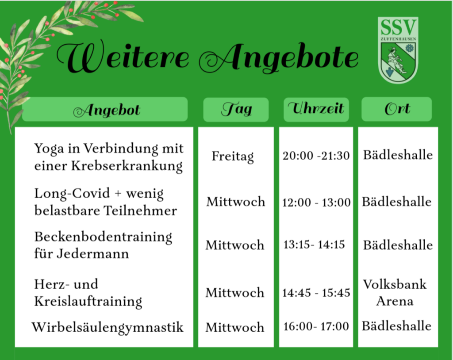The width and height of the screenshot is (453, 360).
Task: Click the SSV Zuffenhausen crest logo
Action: point(398,50)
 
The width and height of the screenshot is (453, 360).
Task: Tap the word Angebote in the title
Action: point(279,58)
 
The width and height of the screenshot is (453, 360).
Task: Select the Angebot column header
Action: point(105,109)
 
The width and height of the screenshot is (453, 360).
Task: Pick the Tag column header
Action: point(236,110)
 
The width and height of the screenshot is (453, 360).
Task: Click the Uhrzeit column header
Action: point(316,110)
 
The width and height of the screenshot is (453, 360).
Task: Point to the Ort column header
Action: point(397,109)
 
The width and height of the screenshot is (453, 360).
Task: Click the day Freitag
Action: point(233,157)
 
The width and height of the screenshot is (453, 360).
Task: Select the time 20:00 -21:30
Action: point(316,156)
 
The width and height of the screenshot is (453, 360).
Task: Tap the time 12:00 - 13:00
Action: point(316,202)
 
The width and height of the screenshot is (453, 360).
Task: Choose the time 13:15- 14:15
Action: point(314,245)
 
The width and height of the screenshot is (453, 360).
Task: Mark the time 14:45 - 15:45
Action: point(316,293)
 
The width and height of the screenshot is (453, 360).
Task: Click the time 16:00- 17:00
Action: point(316,326)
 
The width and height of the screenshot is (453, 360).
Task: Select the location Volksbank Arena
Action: point(395,293)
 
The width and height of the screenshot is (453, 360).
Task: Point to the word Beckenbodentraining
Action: point(103,237)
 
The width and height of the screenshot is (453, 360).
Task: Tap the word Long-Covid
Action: point(72,194)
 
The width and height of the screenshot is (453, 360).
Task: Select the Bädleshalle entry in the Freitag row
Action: point(398,155)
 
